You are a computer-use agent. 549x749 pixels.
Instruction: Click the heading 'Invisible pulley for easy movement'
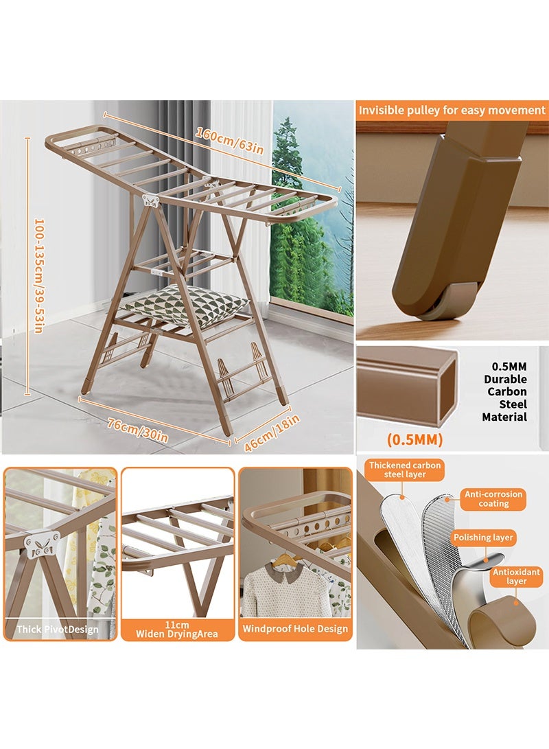click(452, 110)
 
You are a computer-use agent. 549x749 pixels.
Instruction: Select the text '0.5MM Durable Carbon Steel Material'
click(504, 391)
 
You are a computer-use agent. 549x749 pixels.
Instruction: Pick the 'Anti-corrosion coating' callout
click(493, 498)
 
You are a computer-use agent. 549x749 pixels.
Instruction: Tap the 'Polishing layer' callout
click(484, 538)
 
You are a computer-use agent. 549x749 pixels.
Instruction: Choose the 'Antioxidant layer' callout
click(517, 576)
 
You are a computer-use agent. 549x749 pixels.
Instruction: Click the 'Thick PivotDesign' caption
click(58, 629)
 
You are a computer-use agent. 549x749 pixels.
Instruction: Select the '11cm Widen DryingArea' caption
click(178, 629)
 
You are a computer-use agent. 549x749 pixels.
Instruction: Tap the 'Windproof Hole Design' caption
click(294, 628)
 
